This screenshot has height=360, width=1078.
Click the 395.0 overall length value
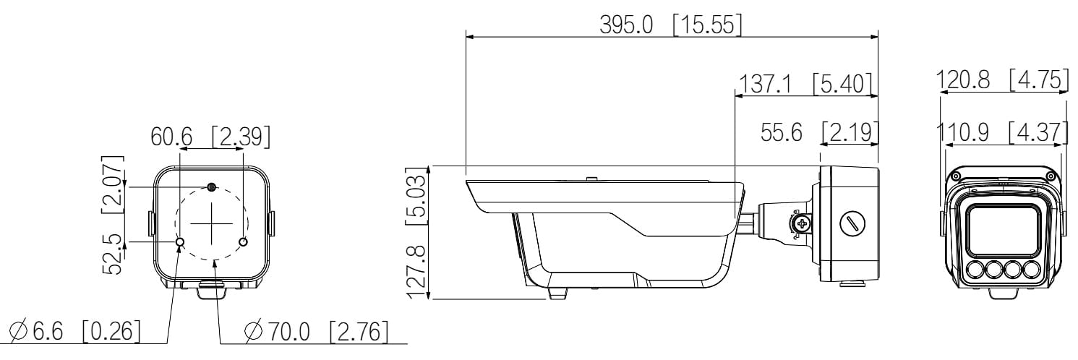pos(626,25)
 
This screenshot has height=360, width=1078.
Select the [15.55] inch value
pos(706,25)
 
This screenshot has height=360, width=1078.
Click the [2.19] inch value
pos(850,132)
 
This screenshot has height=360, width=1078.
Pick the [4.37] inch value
pos(1038,132)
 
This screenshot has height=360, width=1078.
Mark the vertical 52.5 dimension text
pos(112,254)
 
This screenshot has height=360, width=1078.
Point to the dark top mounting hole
pos(211,187)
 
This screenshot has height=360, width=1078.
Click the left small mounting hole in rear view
pos(180,241)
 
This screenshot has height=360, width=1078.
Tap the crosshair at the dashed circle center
pos(211,223)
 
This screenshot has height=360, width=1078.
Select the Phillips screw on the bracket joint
pos(800,224)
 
